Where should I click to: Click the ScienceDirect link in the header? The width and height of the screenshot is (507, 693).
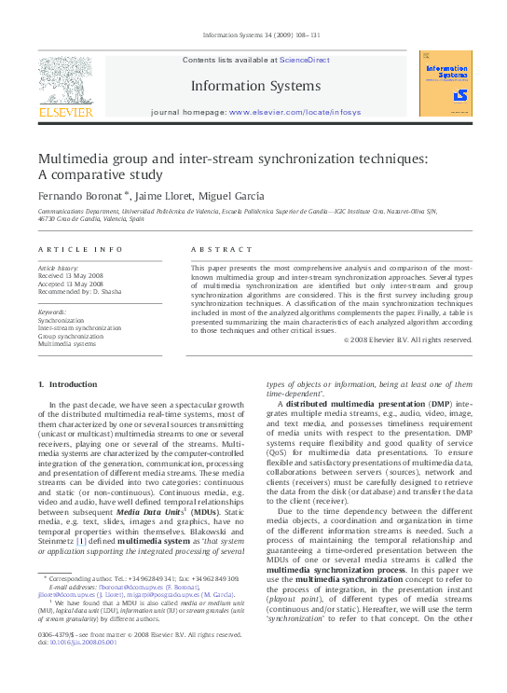click(x=306, y=60)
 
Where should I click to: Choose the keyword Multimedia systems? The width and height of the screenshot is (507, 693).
click(x=66, y=344)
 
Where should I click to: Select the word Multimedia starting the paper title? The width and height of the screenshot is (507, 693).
click(x=74, y=159)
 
